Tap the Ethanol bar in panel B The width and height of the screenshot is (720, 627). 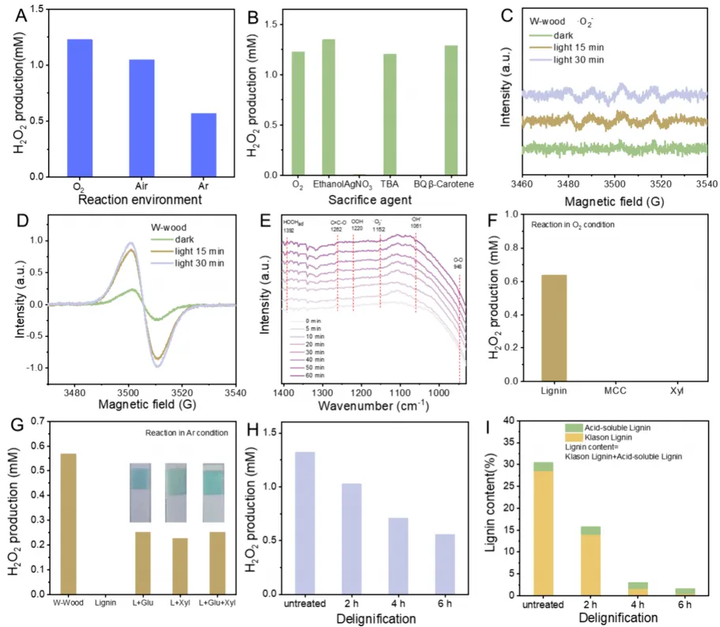pyautogui.click(x=328, y=107)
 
